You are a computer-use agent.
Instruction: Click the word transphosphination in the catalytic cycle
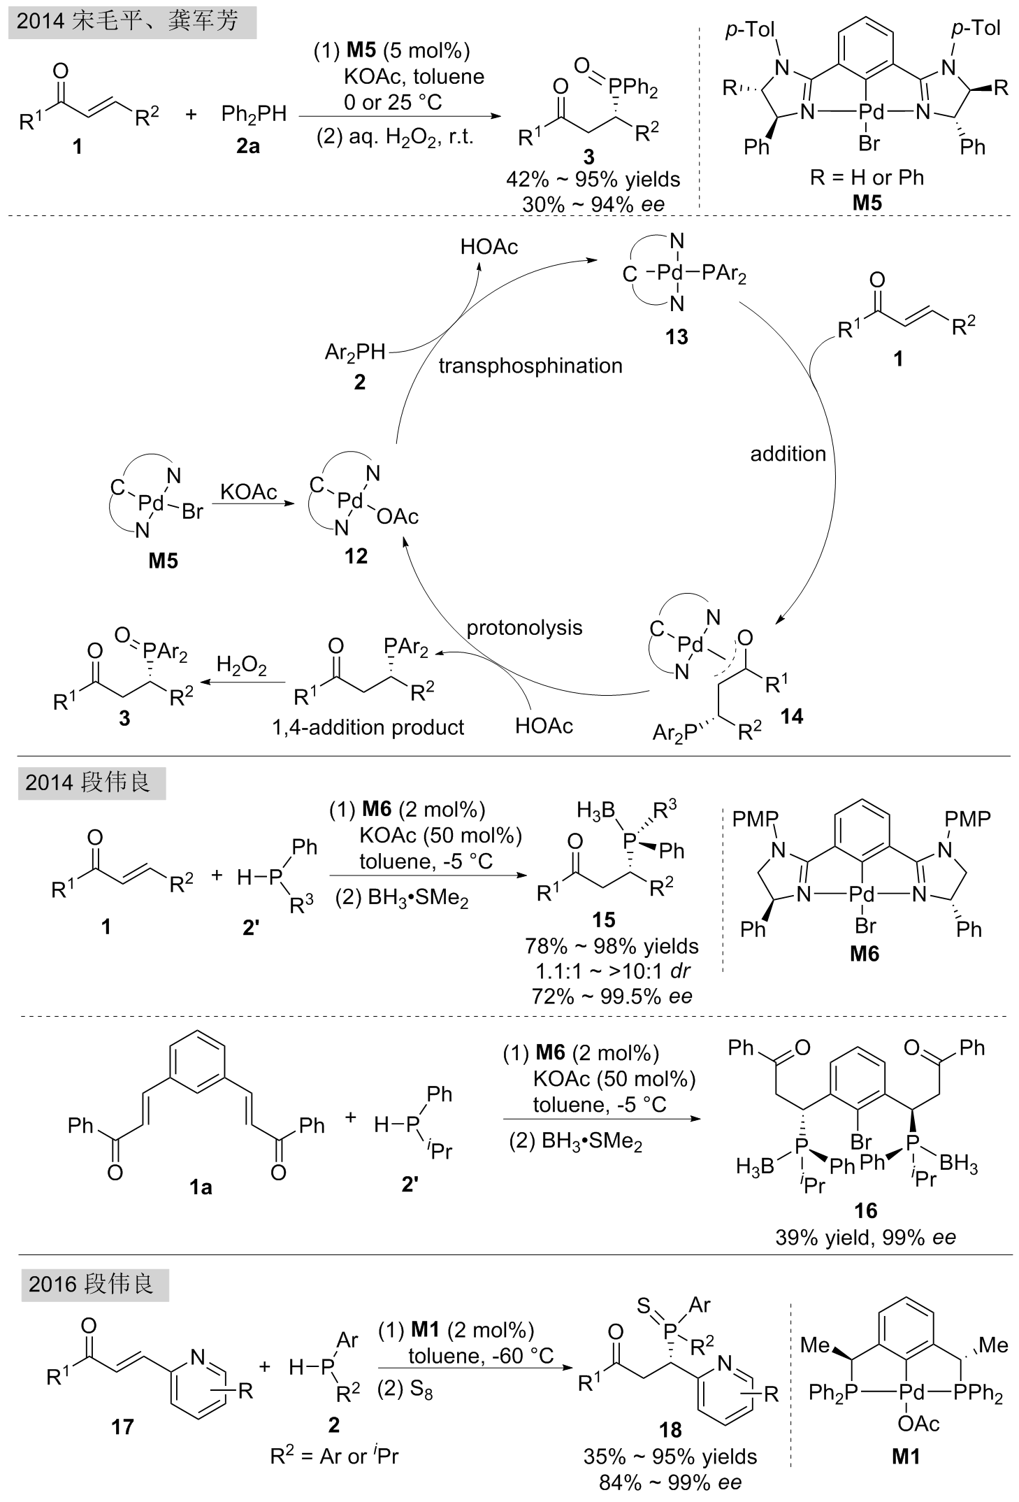click(x=530, y=366)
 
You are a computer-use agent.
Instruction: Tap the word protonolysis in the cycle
click(x=524, y=627)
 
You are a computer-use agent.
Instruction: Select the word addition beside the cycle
click(x=788, y=454)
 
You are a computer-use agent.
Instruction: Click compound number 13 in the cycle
click(x=677, y=337)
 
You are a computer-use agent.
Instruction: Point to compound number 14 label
click(x=792, y=715)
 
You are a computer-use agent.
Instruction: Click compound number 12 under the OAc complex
click(x=356, y=556)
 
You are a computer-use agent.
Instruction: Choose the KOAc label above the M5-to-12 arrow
click(x=249, y=492)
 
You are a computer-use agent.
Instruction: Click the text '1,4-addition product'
click(x=368, y=727)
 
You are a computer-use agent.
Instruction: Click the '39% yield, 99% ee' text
click(x=865, y=1237)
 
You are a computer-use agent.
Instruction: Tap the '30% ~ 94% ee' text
click(x=593, y=204)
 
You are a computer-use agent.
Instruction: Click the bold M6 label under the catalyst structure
click(x=865, y=953)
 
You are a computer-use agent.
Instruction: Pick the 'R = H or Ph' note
click(x=867, y=177)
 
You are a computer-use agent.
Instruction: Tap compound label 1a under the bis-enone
click(x=201, y=1187)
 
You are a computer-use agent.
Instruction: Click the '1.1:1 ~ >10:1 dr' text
click(x=612, y=971)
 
